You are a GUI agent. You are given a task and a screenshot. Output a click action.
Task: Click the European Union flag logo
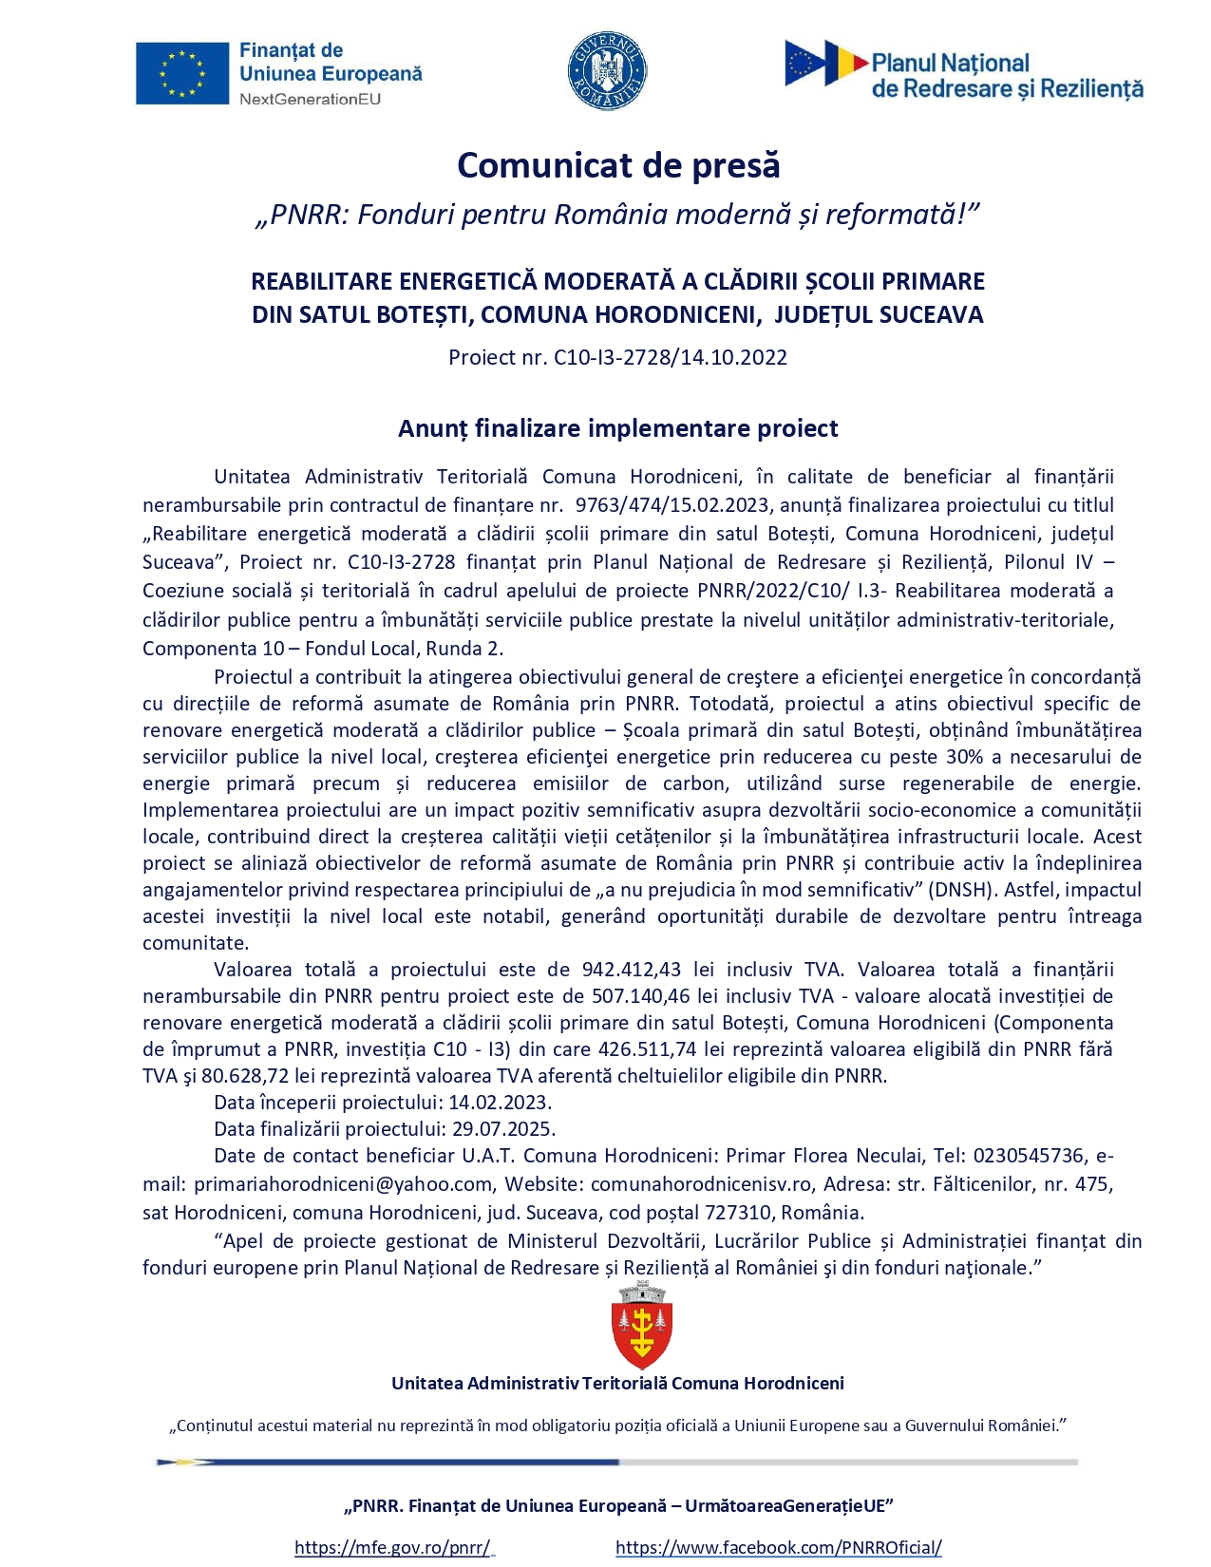click(181, 73)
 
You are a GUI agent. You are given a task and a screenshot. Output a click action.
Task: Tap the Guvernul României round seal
click(607, 71)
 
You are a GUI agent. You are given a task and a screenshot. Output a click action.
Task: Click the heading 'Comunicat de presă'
click(618, 165)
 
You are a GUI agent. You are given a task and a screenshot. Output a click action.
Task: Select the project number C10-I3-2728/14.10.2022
click(671, 357)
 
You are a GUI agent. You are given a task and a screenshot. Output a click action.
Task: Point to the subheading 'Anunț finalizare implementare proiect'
click(617, 428)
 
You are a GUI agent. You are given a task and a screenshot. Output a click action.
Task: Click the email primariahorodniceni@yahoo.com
click(343, 1184)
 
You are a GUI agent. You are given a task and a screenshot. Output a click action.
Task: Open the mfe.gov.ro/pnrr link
click(392, 1547)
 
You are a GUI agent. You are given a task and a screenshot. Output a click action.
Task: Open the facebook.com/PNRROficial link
click(778, 1547)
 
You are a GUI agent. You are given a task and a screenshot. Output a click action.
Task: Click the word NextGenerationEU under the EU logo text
click(310, 99)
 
